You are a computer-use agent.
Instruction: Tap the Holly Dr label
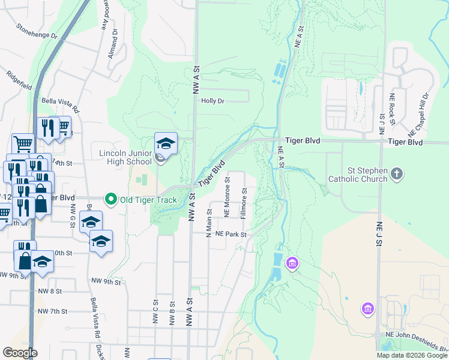[x=212, y=101]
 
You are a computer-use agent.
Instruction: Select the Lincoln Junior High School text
[x=125, y=157]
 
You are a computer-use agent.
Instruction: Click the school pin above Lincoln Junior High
[x=166, y=144]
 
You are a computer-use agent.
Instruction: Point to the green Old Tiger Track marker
[x=110, y=199]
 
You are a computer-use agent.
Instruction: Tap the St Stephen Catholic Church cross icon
[x=396, y=174]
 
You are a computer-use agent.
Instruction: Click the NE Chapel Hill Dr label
[x=419, y=113]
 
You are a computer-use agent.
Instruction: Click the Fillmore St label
[x=244, y=206]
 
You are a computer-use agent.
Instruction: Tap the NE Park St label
[x=231, y=234]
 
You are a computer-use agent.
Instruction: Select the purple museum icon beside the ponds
[x=292, y=263]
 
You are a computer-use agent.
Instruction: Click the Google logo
[x=20, y=353]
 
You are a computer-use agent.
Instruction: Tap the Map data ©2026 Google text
[x=411, y=355]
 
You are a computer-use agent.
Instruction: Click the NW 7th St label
[x=52, y=311]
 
